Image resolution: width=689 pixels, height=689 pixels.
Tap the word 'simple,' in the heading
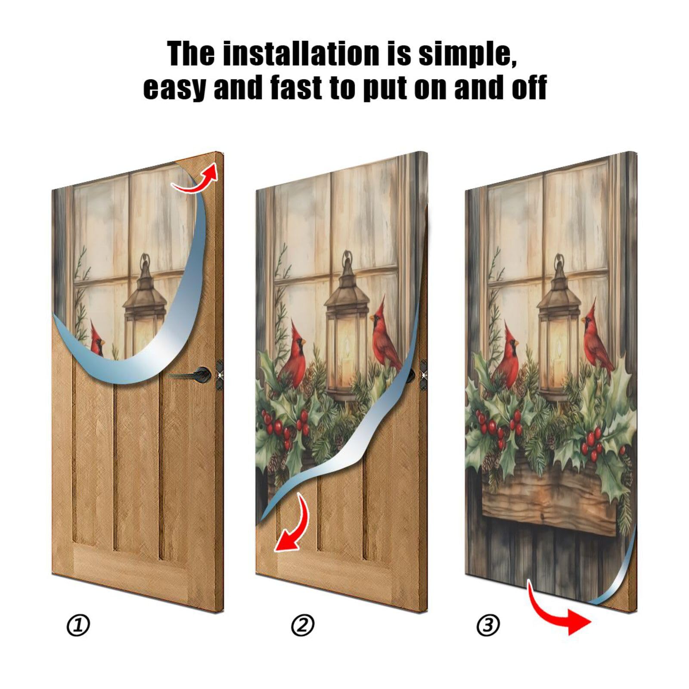[x=467, y=54]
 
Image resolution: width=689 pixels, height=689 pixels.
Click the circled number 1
[x=78, y=625]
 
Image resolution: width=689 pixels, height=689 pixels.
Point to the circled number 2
[x=303, y=625]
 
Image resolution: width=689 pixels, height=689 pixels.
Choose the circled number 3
[x=488, y=625]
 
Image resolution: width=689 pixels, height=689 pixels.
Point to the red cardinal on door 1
[x=97, y=340]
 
